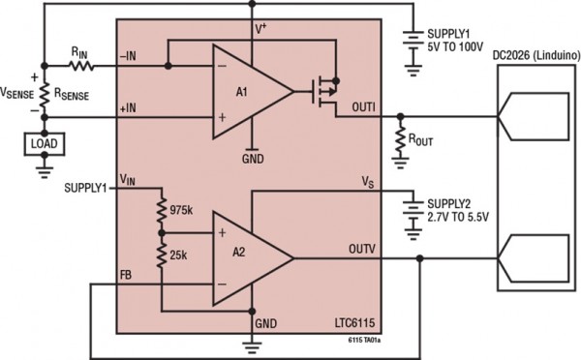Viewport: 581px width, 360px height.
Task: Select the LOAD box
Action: pyautogui.click(x=44, y=144)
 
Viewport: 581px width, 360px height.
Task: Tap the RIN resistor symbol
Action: pyautogui.click(x=81, y=66)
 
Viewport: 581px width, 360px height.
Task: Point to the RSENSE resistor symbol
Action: pyautogui.click(x=44, y=97)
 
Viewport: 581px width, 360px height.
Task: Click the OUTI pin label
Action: pyautogui.click(x=362, y=105)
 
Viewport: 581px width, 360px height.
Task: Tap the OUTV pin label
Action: pyautogui.click(x=362, y=249)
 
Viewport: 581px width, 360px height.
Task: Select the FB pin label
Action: pyautogui.click(x=126, y=274)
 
